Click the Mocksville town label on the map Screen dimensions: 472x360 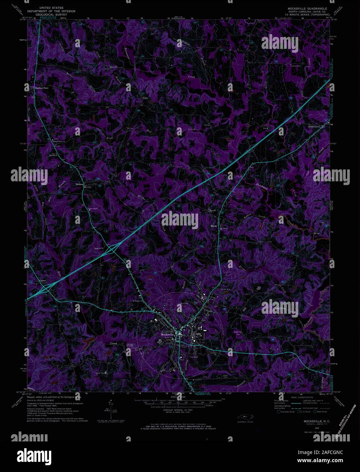click(x=167, y=334)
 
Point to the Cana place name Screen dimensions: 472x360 click(x=146, y=98)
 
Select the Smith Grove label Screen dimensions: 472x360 click(x=314, y=127)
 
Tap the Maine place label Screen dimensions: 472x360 click(x=214, y=225)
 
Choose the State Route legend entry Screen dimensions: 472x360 click(x=320, y=412)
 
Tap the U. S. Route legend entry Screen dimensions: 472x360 click(x=304, y=412)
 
